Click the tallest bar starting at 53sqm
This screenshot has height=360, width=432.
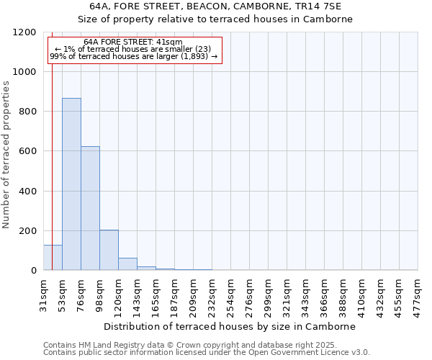click(x=71, y=184)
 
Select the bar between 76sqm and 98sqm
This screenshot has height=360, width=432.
click(x=90, y=209)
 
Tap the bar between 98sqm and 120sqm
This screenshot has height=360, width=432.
click(x=109, y=250)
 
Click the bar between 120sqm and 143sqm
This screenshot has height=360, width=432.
click(x=127, y=264)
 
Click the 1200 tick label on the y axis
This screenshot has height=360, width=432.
click(x=25, y=32)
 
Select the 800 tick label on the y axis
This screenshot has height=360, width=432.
click(x=28, y=112)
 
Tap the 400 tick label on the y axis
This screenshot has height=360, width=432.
click(x=28, y=192)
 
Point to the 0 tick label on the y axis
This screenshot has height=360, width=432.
click(x=34, y=271)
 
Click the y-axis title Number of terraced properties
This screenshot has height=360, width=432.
click(x=6, y=155)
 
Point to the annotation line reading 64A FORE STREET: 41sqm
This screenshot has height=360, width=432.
click(x=133, y=42)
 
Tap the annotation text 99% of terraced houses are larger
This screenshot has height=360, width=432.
click(x=133, y=56)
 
